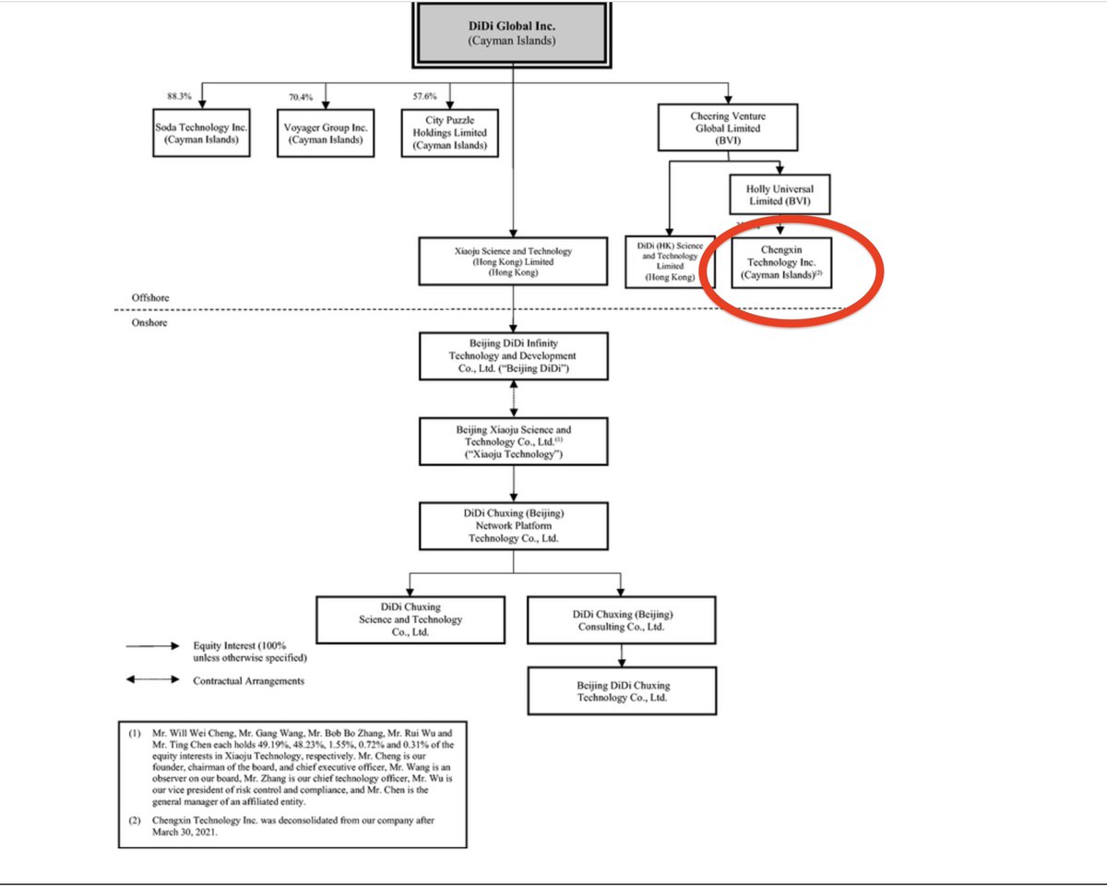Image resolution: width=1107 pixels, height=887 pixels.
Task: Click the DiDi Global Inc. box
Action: click(513, 32)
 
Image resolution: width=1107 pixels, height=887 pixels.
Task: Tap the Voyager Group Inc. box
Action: click(326, 133)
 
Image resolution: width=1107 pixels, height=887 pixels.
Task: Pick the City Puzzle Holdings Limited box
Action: click(449, 133)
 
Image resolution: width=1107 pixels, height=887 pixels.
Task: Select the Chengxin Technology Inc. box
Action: click(780, 262)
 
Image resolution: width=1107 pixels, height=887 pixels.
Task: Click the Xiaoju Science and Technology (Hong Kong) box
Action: click(514, 262)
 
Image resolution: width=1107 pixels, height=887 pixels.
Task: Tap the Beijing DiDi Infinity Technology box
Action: click(514, 356)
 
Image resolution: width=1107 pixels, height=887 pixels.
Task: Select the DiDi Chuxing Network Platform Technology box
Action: click(514, 525)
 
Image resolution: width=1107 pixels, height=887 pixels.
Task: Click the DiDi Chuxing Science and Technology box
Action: click(411, 619)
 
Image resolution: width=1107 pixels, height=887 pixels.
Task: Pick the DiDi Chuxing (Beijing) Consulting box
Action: click(621, 619)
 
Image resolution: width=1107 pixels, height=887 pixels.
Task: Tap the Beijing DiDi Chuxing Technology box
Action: click(621, 691)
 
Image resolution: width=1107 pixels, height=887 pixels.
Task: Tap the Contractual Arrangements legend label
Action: click(248, 681)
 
